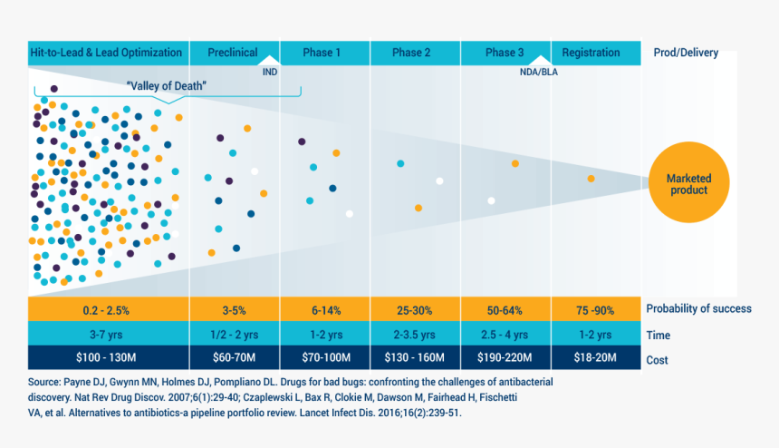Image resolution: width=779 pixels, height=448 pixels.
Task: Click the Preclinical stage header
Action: click(x=234, y=53)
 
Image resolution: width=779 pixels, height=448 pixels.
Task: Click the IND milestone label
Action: click(x=270, y=73)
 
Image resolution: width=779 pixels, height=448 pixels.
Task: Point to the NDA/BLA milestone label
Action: click(x=539, y=73)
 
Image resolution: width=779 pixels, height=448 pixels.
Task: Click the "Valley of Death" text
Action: click(x=167, y=86)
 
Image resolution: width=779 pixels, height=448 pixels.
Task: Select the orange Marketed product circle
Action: click(x=688, y=182)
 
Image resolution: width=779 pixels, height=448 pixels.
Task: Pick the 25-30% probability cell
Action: click(x=415, y=309)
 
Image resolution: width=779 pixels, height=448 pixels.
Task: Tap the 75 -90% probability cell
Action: click(x=596, y=309)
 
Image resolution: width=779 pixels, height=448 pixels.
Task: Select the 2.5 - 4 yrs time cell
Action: click(x=505, y=334)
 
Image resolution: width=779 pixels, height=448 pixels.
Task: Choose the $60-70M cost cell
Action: click(x=234, y=357)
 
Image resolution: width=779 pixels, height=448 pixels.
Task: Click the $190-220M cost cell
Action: click(x=505, y=357)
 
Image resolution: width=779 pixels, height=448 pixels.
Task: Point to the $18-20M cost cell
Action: click(x=596, y=357)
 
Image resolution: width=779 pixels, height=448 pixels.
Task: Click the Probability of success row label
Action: click(x=698, y=308)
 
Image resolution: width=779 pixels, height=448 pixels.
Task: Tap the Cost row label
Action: click(x=657, y=360)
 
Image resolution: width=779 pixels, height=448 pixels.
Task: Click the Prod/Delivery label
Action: click(x=686, y=53)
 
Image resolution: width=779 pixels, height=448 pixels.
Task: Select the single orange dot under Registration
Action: click(x=591, y=179)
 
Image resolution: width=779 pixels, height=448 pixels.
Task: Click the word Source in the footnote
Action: click(x=43, y=382)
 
